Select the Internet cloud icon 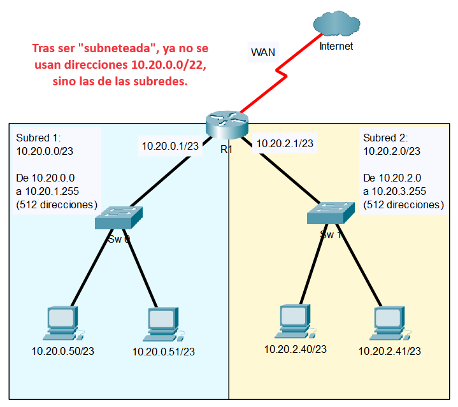(x=336, y=25)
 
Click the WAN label (x=263, y=52)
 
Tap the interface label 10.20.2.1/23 (x=284, y=144)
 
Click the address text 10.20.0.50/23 (x=62, y=351)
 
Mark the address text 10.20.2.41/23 (x=390, y=351)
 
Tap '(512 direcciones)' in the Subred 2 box (x=403, y=205)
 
